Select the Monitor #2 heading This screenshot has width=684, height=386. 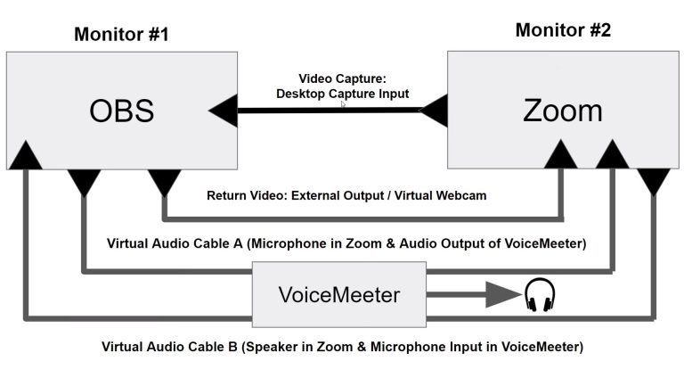click(x=563, y=29)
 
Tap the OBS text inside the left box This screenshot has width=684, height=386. click(x=122, y=111)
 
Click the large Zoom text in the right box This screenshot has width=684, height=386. click(x=562, y=111)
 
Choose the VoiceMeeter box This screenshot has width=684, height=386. click(x=339, y=294)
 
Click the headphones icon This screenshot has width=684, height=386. click(x=540, y=294)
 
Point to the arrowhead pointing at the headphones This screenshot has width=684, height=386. click(x=501, y=294)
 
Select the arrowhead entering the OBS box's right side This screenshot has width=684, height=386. click(x=223, y=111)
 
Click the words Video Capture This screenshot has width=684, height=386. click(x=341, y=78)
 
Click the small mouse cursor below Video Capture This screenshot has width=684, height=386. click(x=344, y=104)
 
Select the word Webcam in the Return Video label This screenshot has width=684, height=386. click(x=462, y=195)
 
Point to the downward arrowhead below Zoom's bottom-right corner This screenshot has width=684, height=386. click(x=654, y=182)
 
